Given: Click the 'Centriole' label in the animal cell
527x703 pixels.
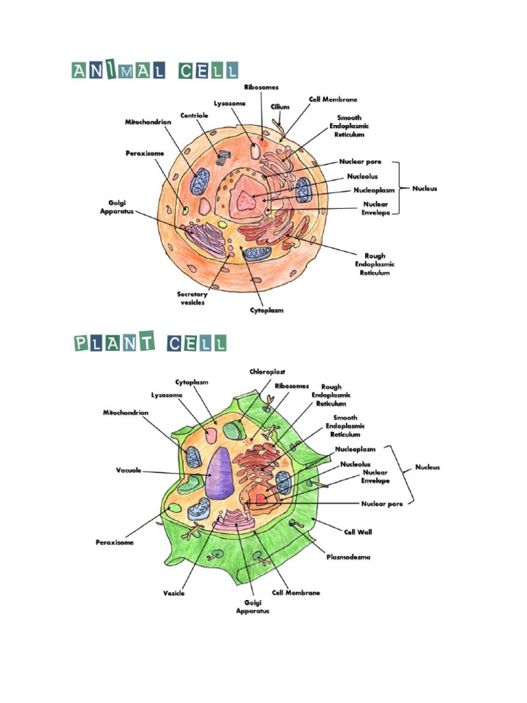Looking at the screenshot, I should pyautogui.click(x=194, y=115).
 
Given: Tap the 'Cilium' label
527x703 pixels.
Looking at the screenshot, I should pyautogui.click(x=280, y=107).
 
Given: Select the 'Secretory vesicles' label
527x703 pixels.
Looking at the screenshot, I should pyautogui.click(x=193, y=299).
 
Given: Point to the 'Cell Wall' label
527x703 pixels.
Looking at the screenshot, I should pyautogui.click(x=358, y=531).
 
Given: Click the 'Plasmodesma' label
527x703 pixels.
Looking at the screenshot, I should pyautogui.click(x=348, y=557).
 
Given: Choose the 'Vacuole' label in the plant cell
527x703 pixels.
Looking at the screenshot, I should pyautogui.click(x=128, y=471).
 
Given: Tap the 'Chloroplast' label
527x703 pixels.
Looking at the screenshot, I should pyautogui.click(x=263, y=371).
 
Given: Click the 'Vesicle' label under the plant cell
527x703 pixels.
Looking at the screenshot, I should pyautogui.click(x=174, y=593).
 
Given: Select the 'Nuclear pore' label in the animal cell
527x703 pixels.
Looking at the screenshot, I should pyautogui.click(x=360, y=162).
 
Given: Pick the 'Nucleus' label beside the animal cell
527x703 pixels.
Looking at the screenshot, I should pyautogui.click(x=425, y=188).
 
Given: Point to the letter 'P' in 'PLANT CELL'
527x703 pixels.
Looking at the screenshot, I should pyautogui.click(x=82, y=343).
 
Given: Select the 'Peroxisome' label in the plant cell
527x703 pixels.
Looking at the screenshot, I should pyautogui.click(x=115, y=542).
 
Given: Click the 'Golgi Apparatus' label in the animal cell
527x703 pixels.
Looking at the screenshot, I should pyautogui.click(x=117, y=207).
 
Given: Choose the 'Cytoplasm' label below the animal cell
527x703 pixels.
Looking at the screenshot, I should pyautogui.click(x=266, y=310).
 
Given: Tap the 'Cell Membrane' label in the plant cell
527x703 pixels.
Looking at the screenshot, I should pyautogui.click(x=296, y=592).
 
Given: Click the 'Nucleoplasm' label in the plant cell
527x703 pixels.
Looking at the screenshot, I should pyautogui.click(x=355, y=449).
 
